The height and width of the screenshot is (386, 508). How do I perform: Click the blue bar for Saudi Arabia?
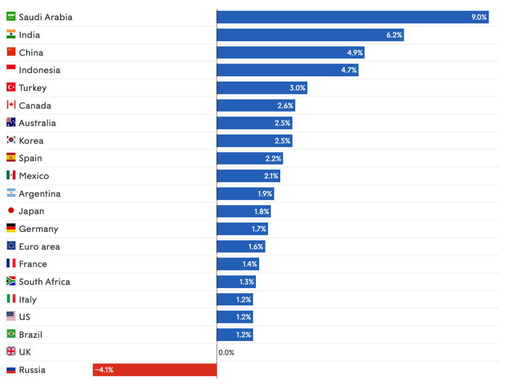point(352,17)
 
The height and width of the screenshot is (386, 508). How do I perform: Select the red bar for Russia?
point(155,370)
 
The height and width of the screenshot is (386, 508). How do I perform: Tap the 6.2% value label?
point(394,35)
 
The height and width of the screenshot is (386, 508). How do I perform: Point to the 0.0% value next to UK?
point(226,352)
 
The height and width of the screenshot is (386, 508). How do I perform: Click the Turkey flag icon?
point(11,87)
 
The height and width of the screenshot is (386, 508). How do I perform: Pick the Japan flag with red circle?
point(11,211)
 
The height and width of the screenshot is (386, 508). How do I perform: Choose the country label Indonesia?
point(40,70)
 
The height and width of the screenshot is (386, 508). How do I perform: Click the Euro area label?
point(40,247)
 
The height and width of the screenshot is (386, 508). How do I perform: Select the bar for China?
point(291,52)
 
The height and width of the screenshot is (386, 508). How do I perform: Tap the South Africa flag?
point(11,281)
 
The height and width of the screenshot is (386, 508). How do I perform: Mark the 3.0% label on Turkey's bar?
point(297,88)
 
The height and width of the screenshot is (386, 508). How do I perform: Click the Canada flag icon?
point(11,105)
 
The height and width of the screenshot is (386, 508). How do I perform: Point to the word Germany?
point(39,229)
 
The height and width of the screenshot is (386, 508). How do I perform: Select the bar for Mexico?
point(248,176)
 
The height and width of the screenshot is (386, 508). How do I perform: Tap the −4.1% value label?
point(104,370)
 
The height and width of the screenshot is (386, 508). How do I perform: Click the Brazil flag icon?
point(11,334)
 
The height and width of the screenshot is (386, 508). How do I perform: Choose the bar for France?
point(238,264)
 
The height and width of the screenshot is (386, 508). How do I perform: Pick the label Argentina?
point(40,194)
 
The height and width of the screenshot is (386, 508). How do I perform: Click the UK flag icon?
point(11,352)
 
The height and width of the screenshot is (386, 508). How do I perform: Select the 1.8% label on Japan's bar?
point(262,211)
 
